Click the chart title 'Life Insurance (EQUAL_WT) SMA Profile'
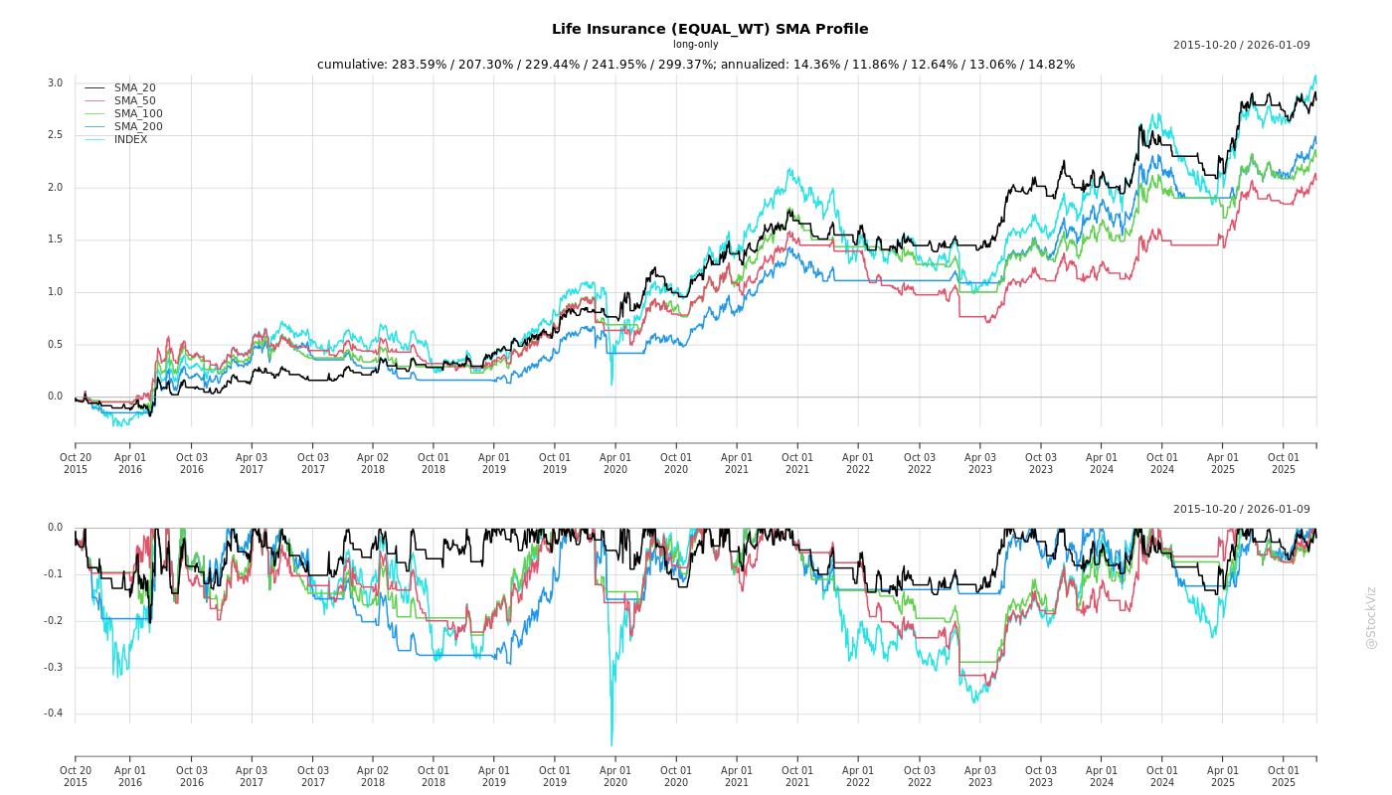pyautogui.click(x=710, y=29)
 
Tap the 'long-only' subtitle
pyautogui.click(x=695, y=45)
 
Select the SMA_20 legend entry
pyautogui.click(x=134, y=88)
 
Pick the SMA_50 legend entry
pyautogui.click(x=134, y=101)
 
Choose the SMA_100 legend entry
pyautogui.click(x=137, y=114)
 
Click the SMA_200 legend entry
pyautogui.click(x=137, y=127)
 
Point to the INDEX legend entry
pyautogui.click(x=130, y=140)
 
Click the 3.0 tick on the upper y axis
pyautogui.click(x=55, y=83)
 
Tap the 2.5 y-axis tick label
pyautogui.click(x=55, y=135)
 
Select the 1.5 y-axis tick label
pyautogui.click(x=55, y=239)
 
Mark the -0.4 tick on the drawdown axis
pyautogui.click(x=53, y=714)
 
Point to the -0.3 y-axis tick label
pyautogui.click(x=53, y=668)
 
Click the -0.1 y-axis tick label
pyautogui.click(x=53, y=574)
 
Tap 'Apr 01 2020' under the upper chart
pyautogui.click(x=615, y=463)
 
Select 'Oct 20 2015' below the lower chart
pyautogui.click(x=76, y=776)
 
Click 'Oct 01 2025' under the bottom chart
pyautogui.click(x=1284, y=776)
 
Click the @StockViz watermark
pyautogui.click(x=1371, y=617)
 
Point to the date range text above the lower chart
pyautogui.click(x=1241, y=510)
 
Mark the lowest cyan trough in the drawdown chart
pyautogui.click(x=611, y=744)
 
